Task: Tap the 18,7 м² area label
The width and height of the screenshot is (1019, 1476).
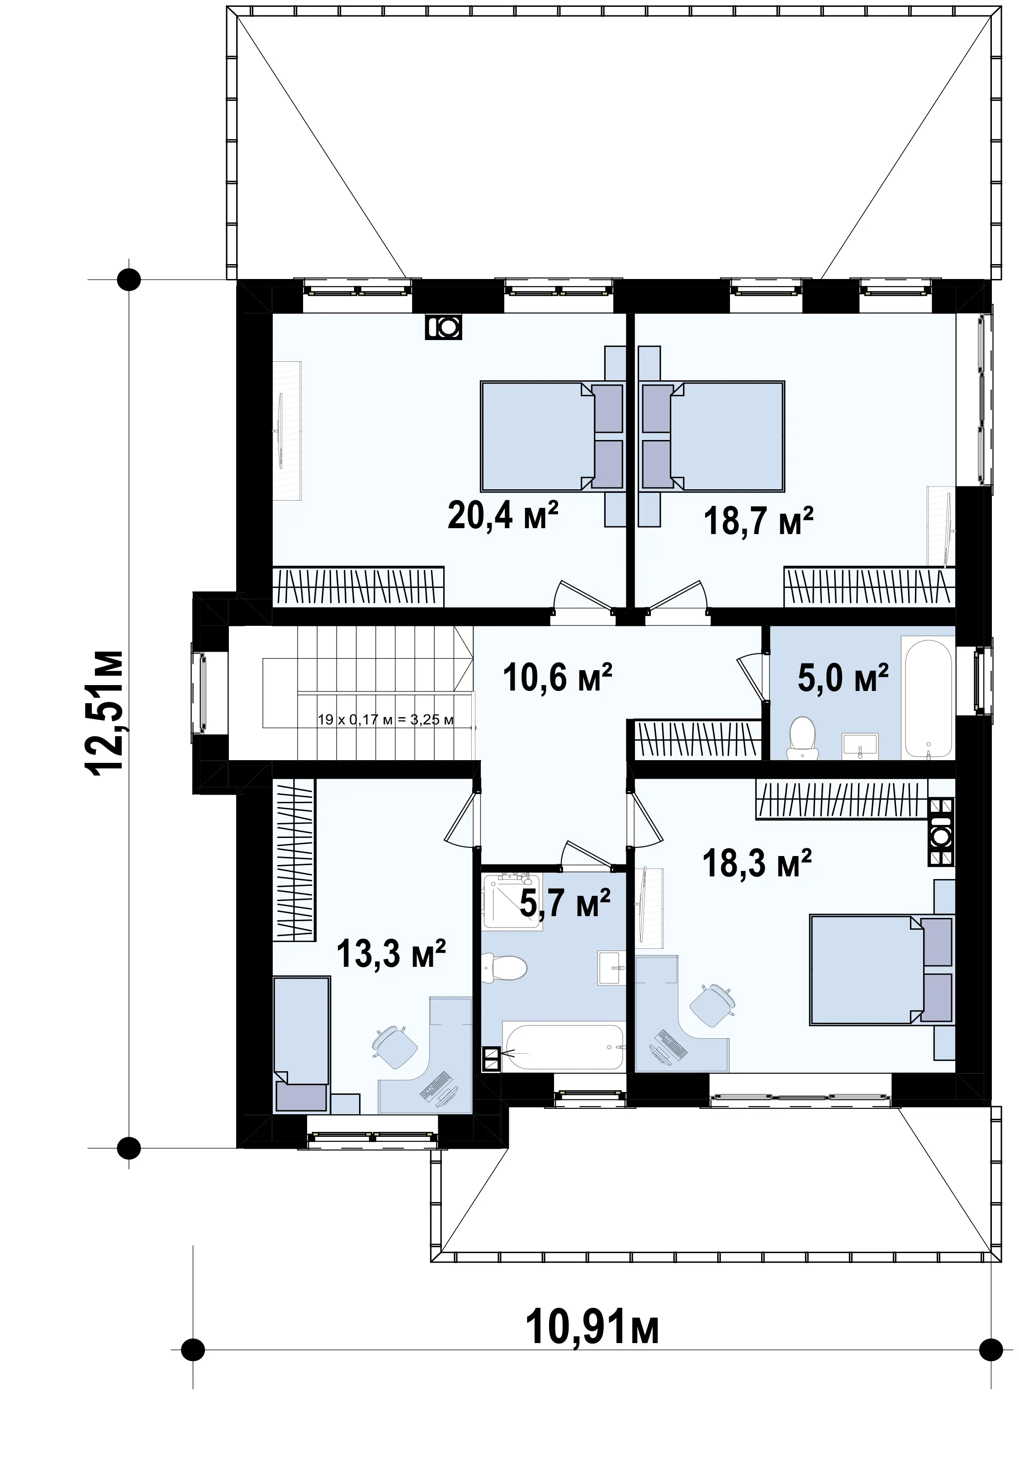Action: [758, 520]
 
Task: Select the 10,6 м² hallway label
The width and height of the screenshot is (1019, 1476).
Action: [557, 677]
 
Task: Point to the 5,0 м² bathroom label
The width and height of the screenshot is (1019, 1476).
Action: [843, 677]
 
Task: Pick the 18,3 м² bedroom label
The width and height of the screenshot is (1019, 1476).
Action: [757, 863]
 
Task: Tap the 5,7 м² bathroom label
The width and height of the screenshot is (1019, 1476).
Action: [565, 904]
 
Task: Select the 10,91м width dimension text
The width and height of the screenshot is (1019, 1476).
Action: [592, 1329]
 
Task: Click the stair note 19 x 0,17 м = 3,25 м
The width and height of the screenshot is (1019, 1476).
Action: [386, 720]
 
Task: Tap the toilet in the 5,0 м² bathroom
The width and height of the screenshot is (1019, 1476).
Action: [802, 738]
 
